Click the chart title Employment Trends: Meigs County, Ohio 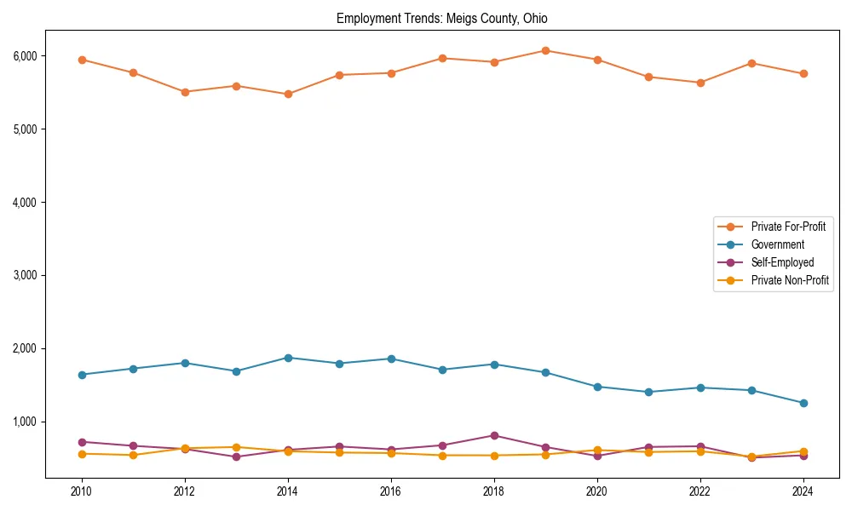447,19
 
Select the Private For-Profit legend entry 788,227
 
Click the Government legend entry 777,244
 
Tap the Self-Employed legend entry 782,262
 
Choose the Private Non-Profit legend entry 790,280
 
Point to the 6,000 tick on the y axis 25,56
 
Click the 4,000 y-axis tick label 25,203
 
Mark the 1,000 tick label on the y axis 25,422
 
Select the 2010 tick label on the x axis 82,491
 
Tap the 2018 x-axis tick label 494,491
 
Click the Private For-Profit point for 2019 545,50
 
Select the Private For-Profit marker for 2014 288,94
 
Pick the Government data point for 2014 288,358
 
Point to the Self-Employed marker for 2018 494,435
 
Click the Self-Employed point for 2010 82,442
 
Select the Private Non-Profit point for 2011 134,455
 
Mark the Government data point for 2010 82,375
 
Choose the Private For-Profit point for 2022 700,83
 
